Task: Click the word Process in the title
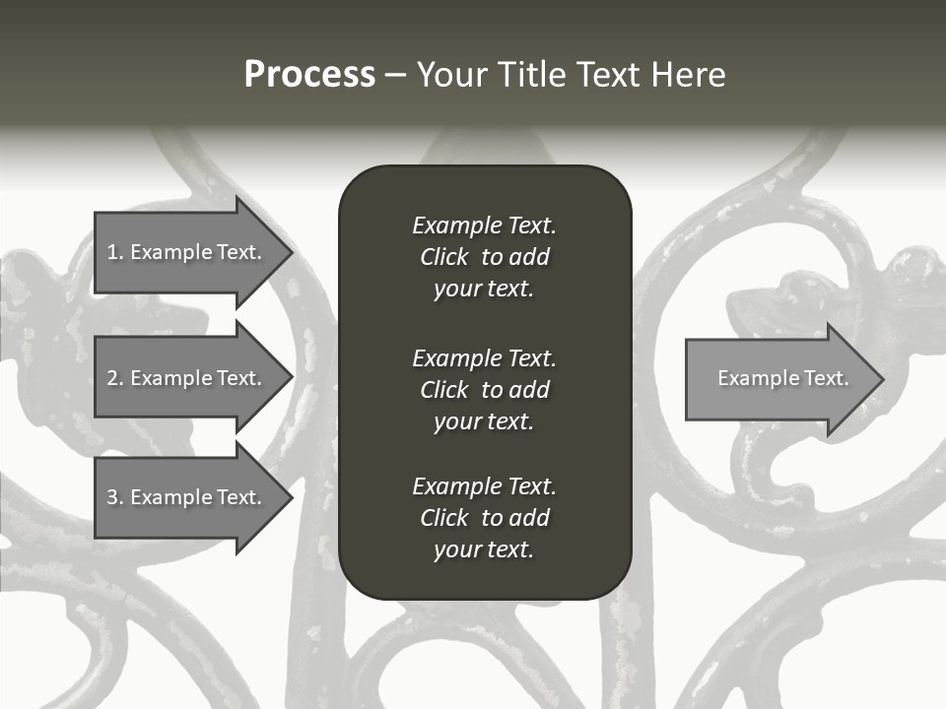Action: [x=309, y=75]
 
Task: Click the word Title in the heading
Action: [x=532, y=75]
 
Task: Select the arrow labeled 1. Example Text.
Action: [x=185, y=252]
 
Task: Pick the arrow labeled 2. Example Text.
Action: [x=185, y=378]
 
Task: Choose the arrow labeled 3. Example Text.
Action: [x=185, y=497]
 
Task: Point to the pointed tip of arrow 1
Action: [x=291, y=252]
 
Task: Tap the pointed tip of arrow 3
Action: [x=291, y=497]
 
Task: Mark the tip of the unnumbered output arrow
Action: [x=882, y=379]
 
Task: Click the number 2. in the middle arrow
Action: [x=114, y=378]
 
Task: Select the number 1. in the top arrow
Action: [x=114, y=252]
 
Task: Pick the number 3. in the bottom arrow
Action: [x=114, y=497]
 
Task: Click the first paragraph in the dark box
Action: [x=484, y=257]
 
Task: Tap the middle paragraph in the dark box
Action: [x=484, y=390]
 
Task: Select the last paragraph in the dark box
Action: [x=484, y=518]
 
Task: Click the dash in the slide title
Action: [x=396, y=76]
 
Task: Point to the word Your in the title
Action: [x=451, y=75]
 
